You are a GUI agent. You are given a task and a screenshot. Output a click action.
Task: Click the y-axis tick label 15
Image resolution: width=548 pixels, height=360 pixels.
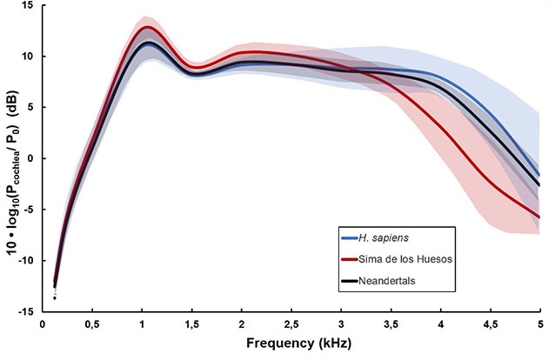point(28,6)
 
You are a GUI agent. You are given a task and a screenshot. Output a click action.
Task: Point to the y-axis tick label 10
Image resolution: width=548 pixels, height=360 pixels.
point(28,57)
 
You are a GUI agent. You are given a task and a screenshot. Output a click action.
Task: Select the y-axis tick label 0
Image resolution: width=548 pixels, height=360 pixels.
point(31,158)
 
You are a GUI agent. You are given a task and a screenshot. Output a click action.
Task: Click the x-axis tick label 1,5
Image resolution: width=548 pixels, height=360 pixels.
point(190,324)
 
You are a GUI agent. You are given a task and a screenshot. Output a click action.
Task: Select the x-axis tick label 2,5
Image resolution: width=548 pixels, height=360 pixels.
point(291,324)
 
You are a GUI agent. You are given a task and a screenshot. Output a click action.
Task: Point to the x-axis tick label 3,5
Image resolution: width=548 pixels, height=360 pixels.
point(391,324)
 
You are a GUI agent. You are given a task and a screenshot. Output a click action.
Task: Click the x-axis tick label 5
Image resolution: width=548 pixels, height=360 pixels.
point(540,324)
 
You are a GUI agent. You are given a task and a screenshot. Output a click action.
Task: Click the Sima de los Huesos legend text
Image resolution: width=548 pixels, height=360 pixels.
point(406,258)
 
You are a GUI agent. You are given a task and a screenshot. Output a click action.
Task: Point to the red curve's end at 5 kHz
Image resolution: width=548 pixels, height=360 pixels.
point(539,217)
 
